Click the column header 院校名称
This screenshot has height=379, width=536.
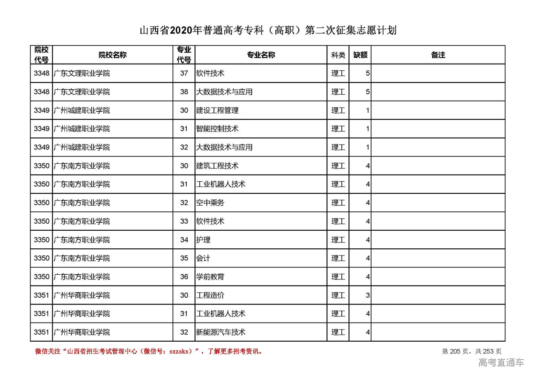tap(112, 55)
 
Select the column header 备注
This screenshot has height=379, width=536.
tap(438, 55)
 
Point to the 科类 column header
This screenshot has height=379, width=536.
tap(338, 55)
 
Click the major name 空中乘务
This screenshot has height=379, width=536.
tap(210, 203)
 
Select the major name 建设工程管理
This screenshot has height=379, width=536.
tap(217, 111)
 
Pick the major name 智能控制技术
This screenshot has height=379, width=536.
tap(217, 129)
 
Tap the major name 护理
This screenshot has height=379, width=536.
tap(203, 240)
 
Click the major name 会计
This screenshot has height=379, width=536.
tap(203, 258)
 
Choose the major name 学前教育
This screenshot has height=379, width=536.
tap(210, 277)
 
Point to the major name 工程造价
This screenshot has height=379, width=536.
tap(210, 295)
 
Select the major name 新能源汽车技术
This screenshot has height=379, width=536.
tap(221, 333)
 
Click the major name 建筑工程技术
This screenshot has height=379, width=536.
tap(217, 166)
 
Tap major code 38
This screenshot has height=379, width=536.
tap(184, 92)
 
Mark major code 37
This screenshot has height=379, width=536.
tap(184, 73)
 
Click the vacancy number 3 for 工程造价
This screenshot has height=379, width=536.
tap(368, 295)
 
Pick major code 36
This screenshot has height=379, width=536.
tap(184, 277)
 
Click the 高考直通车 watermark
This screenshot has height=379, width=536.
tap(501, 363)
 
